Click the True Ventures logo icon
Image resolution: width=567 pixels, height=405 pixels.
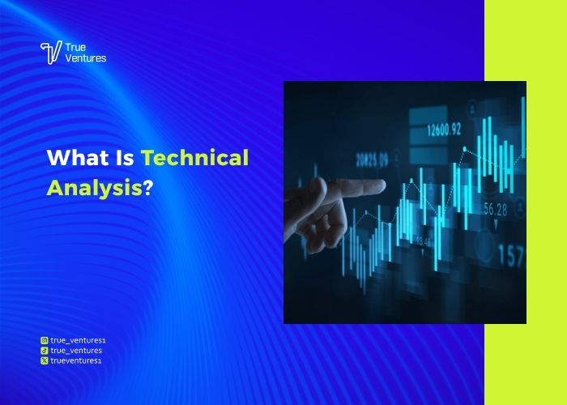click(49, 53)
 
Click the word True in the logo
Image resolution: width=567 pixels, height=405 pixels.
click(75, 47)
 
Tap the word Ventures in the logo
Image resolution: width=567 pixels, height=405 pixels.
click(86, 58)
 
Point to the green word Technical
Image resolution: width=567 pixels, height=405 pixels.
click(194, 158)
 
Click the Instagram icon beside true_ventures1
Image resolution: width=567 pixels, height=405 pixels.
click(44, 341)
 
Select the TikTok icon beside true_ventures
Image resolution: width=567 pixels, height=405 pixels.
click(44, 351)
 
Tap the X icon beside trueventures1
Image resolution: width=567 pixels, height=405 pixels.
click(44, 360)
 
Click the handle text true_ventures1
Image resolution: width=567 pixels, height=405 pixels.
click(78, 341)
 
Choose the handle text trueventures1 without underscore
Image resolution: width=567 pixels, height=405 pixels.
click(76, 360)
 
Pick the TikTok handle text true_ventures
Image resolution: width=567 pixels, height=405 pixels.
click(76, 351)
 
